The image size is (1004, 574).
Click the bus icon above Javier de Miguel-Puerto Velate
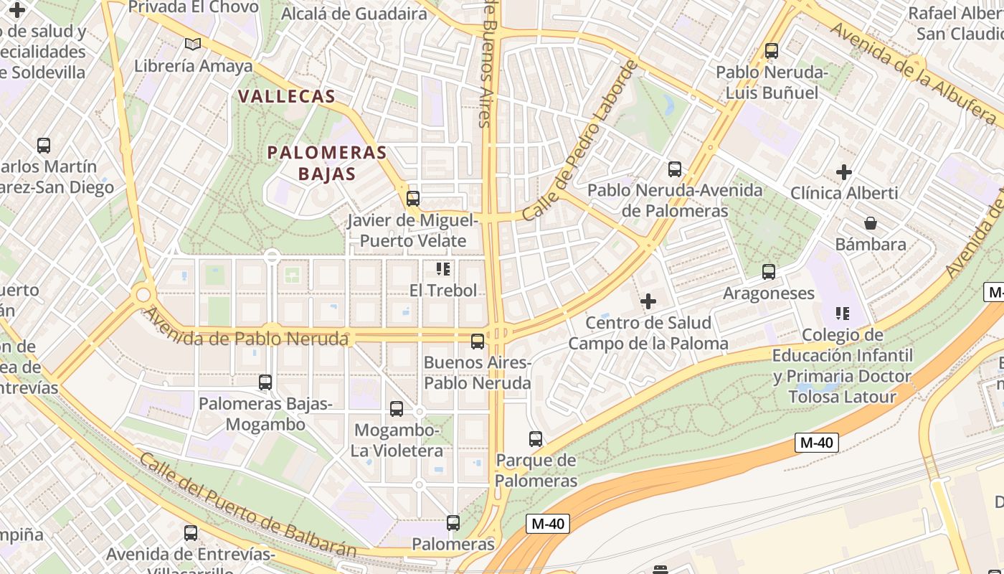pos(413,198)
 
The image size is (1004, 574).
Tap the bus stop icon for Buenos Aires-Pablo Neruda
pos(478,342)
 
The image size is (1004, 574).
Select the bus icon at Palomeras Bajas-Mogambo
pos(265,382)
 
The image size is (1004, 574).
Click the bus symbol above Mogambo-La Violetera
pos(397,409)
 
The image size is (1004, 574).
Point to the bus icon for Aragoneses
pos(769,272)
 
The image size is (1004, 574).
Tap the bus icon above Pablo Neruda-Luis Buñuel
pos(772,51)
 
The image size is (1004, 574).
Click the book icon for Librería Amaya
pos(193,44)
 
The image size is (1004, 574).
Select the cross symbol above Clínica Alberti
pos(844,172)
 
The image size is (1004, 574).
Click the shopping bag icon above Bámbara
pos(871,223)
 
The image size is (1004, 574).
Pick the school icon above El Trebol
pos(443,269)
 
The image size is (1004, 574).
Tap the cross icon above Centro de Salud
pos(648,301)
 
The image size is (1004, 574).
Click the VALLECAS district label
pos(286,96)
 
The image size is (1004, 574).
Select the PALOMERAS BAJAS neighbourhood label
pos(327,163)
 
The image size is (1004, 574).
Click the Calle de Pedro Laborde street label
pos(581,141)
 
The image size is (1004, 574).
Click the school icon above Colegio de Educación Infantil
pos(843,314)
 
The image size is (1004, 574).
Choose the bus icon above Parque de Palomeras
pos(536,439)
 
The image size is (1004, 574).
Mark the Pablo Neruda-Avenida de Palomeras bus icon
pos(675,169)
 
